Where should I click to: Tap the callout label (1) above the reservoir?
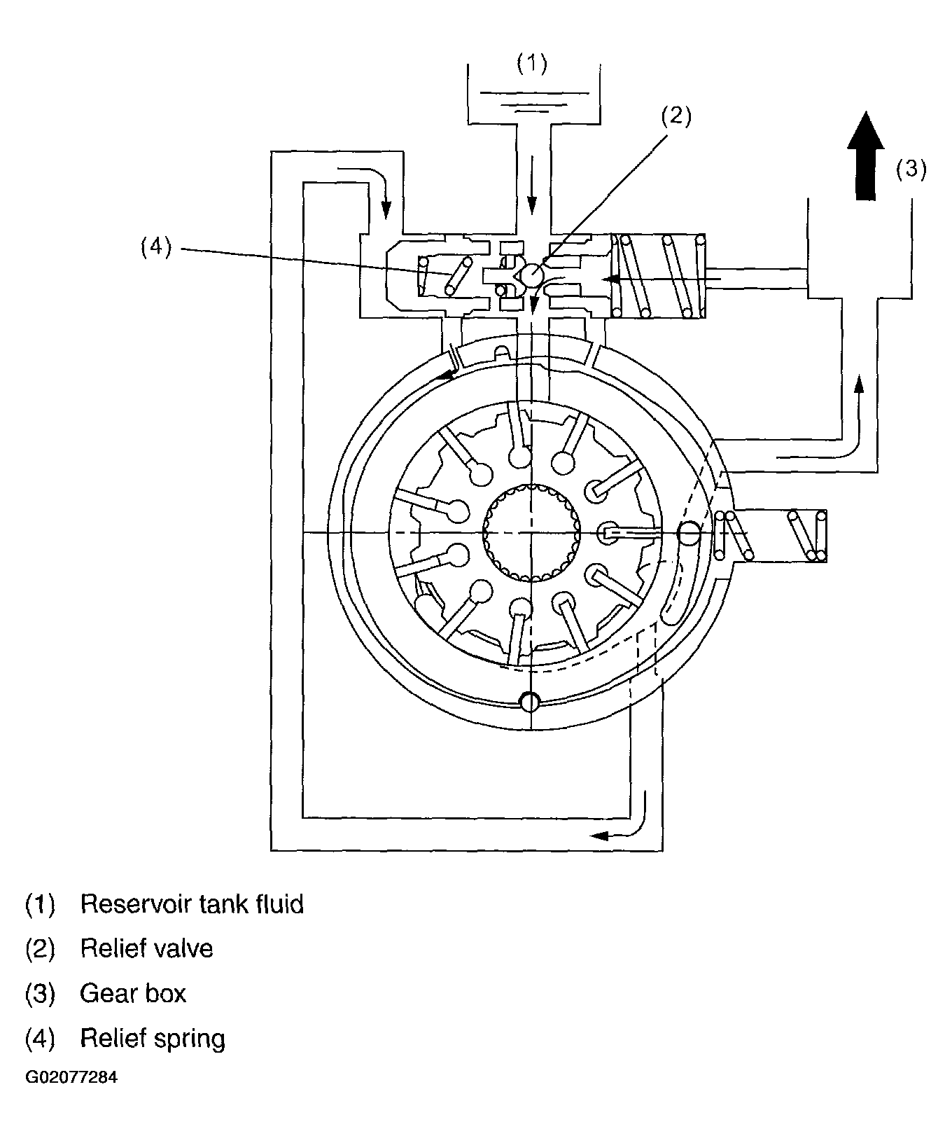[531, 64]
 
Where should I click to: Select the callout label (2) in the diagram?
[676, 117]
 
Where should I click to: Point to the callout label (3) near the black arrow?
[911, 169]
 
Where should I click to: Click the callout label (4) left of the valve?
[155, 247]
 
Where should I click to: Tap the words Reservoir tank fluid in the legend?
[192, 904]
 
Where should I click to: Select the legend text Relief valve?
[146, 949]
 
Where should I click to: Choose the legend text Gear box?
[133, 994]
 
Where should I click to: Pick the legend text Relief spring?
[153, 1039]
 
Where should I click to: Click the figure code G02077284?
[71, 1077]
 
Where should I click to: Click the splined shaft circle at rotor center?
[532, 533]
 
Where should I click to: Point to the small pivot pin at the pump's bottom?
[531, 701]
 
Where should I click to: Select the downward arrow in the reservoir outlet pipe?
[531, 184]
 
